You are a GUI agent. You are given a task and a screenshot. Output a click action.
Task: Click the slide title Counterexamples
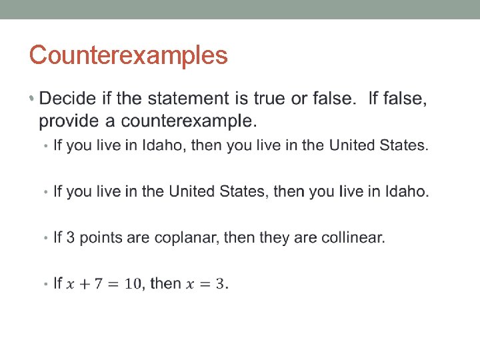(128, 55)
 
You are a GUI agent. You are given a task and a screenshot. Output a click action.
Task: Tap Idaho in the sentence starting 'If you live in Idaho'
(162, 145)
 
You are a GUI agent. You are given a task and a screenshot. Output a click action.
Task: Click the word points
(107, 238)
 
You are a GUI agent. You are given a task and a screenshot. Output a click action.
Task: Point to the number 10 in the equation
(133, 285)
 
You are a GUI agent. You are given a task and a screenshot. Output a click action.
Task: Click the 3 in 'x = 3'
(222, 285)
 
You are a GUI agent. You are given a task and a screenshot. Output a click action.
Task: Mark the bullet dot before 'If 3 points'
(45, 239)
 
